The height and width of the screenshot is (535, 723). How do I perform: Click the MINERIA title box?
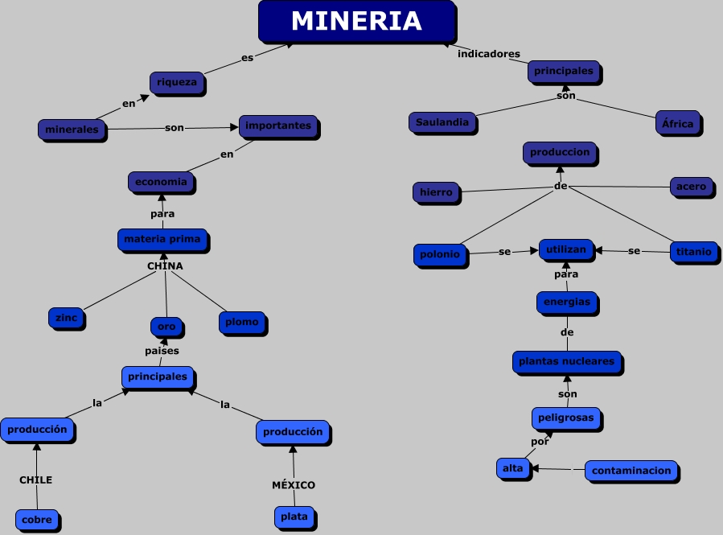(x=356, y=21)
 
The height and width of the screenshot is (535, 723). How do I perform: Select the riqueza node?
(x=176, y=82)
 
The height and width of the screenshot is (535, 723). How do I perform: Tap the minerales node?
(x=72, y=130)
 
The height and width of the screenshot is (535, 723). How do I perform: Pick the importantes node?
(x=278, y=126)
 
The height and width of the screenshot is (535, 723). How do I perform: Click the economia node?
(x=161, y=182)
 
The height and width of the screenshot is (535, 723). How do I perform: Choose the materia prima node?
(x=162, y=239)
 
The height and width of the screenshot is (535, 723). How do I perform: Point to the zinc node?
(x=66, y=318)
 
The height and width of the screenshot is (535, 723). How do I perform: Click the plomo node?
(x=242, y=322)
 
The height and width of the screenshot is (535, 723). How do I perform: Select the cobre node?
(x=37, y=520)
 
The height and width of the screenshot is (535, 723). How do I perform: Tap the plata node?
(x=294, y=517)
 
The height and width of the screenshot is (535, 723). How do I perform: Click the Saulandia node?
(x=442, y=122)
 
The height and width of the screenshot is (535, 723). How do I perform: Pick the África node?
(x=677, y=124)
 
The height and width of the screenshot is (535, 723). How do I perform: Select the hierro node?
(x=436, y=192)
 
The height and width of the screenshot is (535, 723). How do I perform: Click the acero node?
(x=691, y=187)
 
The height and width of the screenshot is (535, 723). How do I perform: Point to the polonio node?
(x=440, y=254)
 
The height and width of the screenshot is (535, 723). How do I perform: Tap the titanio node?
(x=693, y=252)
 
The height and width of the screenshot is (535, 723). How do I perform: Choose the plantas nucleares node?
(x=566, y=362)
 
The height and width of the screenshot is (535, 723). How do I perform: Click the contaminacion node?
(x=631, y=471)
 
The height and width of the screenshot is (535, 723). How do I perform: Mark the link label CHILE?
(x=35, y=480)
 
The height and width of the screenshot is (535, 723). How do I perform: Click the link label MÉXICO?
(x=293, y=485)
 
